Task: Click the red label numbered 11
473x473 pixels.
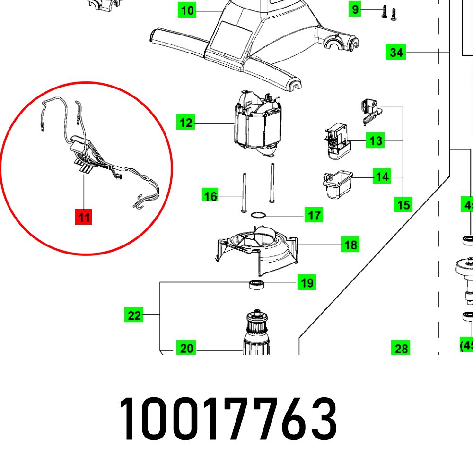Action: point(84,218)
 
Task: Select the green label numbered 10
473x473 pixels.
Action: point(188,10)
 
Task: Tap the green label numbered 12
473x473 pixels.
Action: point(186,123)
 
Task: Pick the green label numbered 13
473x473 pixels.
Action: point(376,140)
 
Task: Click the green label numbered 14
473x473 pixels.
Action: point(382,177)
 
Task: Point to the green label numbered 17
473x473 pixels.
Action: point(315,216)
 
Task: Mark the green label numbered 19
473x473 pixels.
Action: point(307,283)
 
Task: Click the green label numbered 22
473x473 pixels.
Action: point(134,315)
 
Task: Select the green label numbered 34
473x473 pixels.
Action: point(396,52)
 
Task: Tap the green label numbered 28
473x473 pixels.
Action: point(401,349)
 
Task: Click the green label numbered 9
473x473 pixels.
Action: point(355,9)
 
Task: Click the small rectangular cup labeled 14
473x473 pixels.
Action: point(336,184)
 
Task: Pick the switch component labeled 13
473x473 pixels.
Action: point(337,140)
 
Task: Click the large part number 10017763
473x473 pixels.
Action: point(228,419)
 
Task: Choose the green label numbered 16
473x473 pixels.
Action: point(210,195)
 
